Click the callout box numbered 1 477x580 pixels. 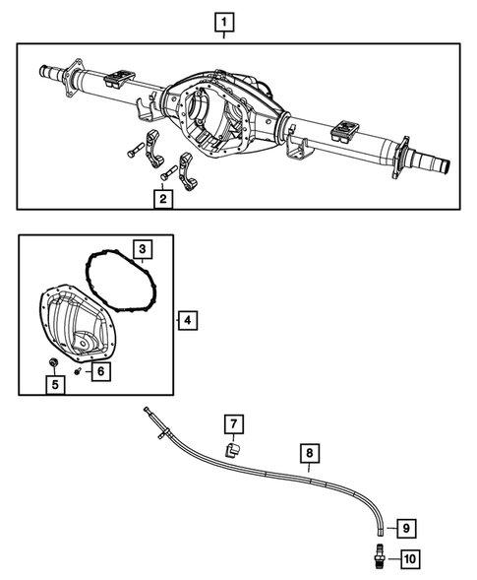(x=225, y=21)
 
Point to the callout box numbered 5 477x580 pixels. (x=56, y=383)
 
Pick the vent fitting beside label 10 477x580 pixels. (x=377, y=558)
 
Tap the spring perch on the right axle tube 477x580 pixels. (x=345, y=127)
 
